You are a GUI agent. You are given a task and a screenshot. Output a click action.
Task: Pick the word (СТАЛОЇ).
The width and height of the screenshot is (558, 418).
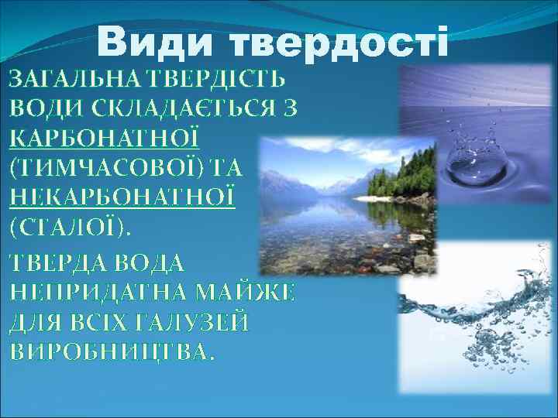(71, 227)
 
